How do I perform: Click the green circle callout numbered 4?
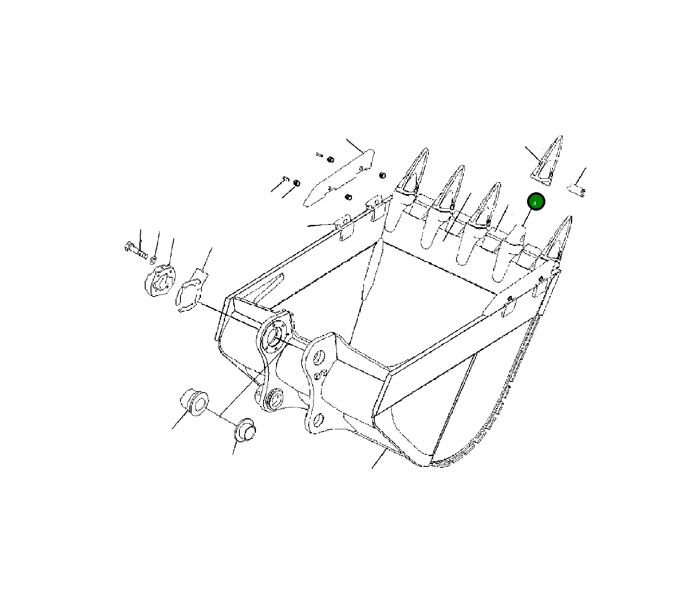pos(536,202)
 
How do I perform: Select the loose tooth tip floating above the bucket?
pos(547,161)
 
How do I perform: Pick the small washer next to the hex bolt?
pos(153,259)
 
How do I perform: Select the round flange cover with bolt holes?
pos(160,280)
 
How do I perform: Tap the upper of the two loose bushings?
pos(194,401)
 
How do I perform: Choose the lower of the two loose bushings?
pos(245,430)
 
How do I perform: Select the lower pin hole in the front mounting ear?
pos(318,419)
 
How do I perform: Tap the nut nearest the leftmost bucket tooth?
pos(382,175)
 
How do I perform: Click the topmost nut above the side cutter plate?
pos(331,159)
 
